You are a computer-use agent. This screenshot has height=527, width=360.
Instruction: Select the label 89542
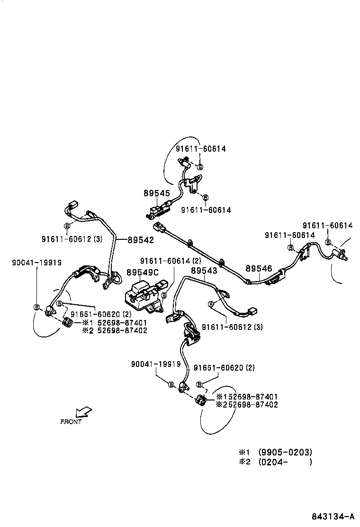point(141,240)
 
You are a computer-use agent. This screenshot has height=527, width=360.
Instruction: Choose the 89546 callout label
point(259,268)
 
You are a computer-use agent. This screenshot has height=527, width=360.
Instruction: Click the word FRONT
point(71,421)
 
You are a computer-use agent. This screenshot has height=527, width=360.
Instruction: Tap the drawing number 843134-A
point(333,516)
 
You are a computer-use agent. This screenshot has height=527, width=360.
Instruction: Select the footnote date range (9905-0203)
point(285,452)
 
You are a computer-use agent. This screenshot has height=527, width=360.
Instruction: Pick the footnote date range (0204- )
point(285,462)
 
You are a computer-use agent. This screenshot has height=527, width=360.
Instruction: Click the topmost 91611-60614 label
point(200,148)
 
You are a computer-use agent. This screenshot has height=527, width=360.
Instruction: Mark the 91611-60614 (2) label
point(170,261)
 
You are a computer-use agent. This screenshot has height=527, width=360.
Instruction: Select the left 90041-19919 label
point(36,263)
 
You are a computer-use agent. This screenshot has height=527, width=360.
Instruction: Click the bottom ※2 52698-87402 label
point(247,404)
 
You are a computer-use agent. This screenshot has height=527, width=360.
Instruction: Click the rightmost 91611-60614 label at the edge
point(328,226)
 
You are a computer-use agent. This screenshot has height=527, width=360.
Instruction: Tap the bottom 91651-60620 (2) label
point(224,367)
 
